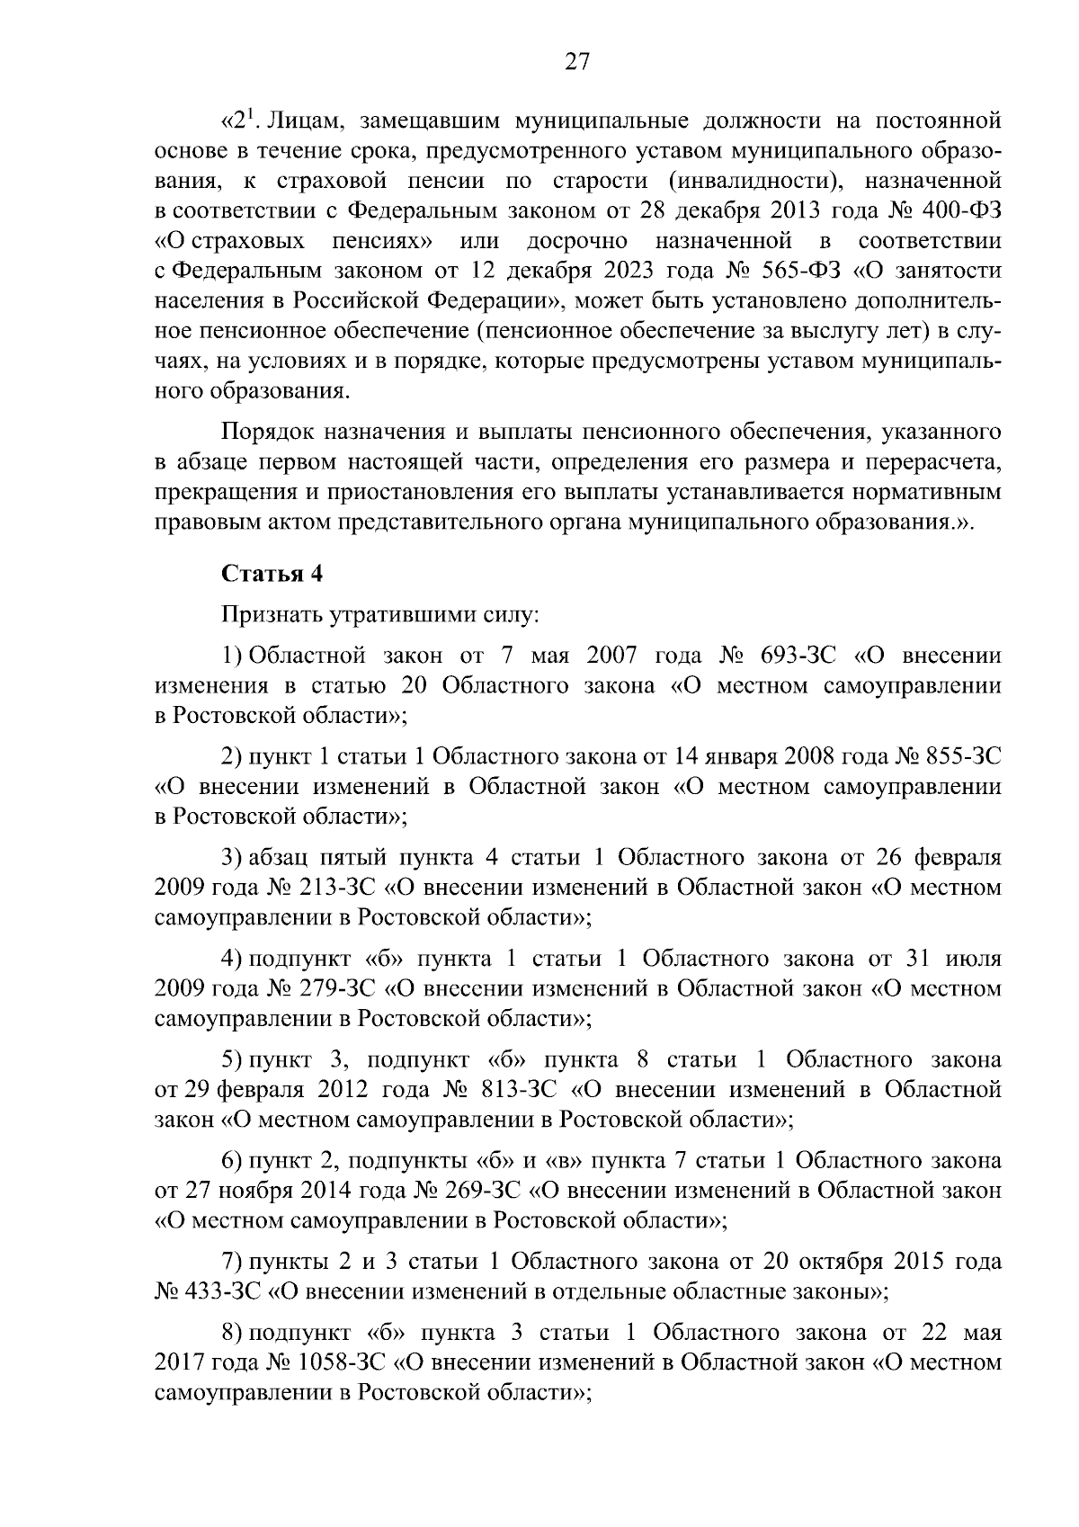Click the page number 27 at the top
pyautogui.click(x=577, y=62)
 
